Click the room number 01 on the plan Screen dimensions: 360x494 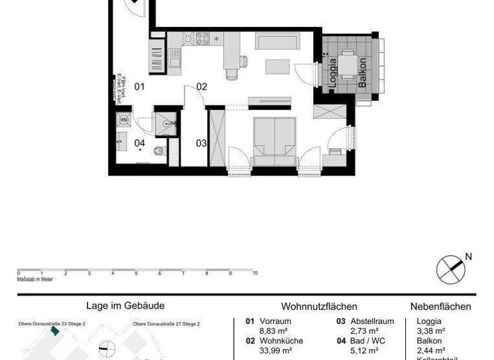tap(140, 86)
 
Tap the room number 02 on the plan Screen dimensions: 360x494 tap(202, 86)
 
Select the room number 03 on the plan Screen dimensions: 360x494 tap(201, 143)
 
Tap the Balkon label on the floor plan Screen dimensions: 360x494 tap(363, 72)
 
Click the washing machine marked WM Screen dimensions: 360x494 tap(123, 120)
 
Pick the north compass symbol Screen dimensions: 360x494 tap(450, 269)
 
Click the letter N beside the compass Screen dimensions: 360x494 tap(468, 257)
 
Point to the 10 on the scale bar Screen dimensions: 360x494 tap(255, 273)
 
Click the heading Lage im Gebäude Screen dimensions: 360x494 tap(125, 307)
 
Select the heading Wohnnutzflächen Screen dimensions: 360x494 tap(319, 307)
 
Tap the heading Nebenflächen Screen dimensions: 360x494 tap(441, 307)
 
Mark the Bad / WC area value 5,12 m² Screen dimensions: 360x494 tap(364, 350)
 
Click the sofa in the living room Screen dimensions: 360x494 tap(277, 41)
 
